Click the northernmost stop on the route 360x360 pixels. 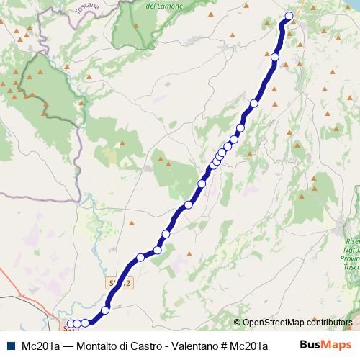pyautogui.click(x=289, y=16)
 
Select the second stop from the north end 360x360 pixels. pyautogui.click(x=275, y=57)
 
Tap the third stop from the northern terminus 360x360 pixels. pyautogui.click(x=254, y=104)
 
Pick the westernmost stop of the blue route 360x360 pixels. pyautogui.click(x=70, y=324)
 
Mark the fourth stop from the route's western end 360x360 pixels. pyautogui.click(x=106, y=310)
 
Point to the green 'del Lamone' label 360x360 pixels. pyautogui.click(x=161, y=5)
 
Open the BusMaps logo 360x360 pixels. pyautogui.click(x=328, y=345)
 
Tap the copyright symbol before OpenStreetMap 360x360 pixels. pyautogui.click(x=238, y=323)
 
